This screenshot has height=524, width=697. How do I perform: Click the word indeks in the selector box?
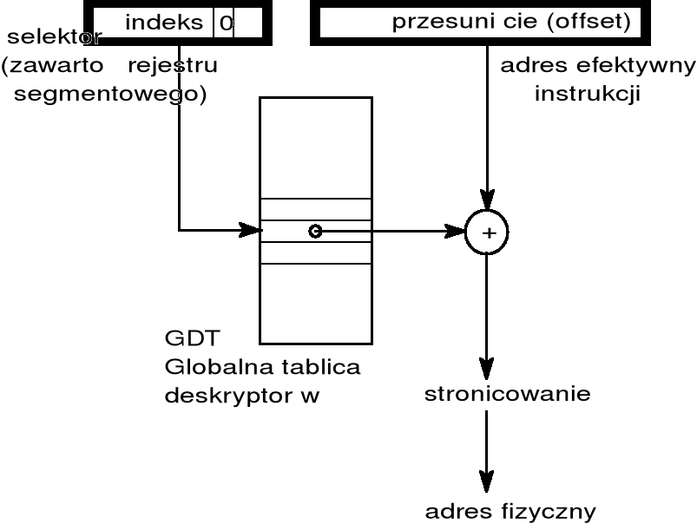(164, 23)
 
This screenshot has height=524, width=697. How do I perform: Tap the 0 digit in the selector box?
(226, 23)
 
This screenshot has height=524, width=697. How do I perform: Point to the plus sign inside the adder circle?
(487, 233)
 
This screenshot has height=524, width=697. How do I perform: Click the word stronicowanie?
(508, 395)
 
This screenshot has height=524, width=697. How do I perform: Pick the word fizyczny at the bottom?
(552, 511)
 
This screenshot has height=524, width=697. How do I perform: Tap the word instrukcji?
(588, 94)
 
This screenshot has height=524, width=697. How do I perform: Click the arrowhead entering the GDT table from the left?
(253, 231)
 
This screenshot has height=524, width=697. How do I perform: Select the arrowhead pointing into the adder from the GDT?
(456, 232)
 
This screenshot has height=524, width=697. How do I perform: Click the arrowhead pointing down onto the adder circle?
(487, 201)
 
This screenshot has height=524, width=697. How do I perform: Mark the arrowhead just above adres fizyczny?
(487, 481)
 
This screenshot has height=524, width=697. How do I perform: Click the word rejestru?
(172, 66)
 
